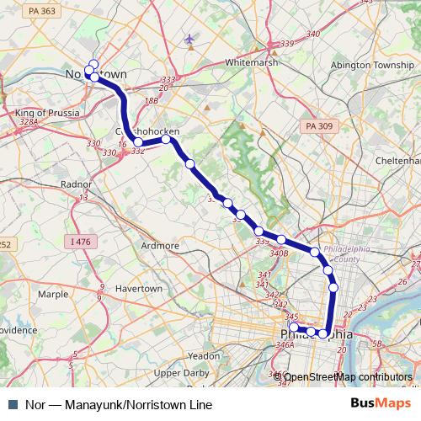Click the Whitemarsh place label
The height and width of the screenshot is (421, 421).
coord(251,62)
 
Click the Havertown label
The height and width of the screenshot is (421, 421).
coord(138,288)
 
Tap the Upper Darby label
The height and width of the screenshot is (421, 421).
coord(180,372)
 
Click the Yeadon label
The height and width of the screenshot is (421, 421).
coord(205,356)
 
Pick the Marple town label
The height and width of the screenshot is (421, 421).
coord(52,295)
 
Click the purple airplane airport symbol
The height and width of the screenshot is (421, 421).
coord(189,40)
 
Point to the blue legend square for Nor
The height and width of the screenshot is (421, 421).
coord(12,405)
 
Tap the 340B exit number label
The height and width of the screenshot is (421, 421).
coord(279,253)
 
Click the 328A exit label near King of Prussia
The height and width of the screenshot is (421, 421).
coord(29,122)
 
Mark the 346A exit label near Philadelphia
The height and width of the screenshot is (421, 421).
coord(284,344)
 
